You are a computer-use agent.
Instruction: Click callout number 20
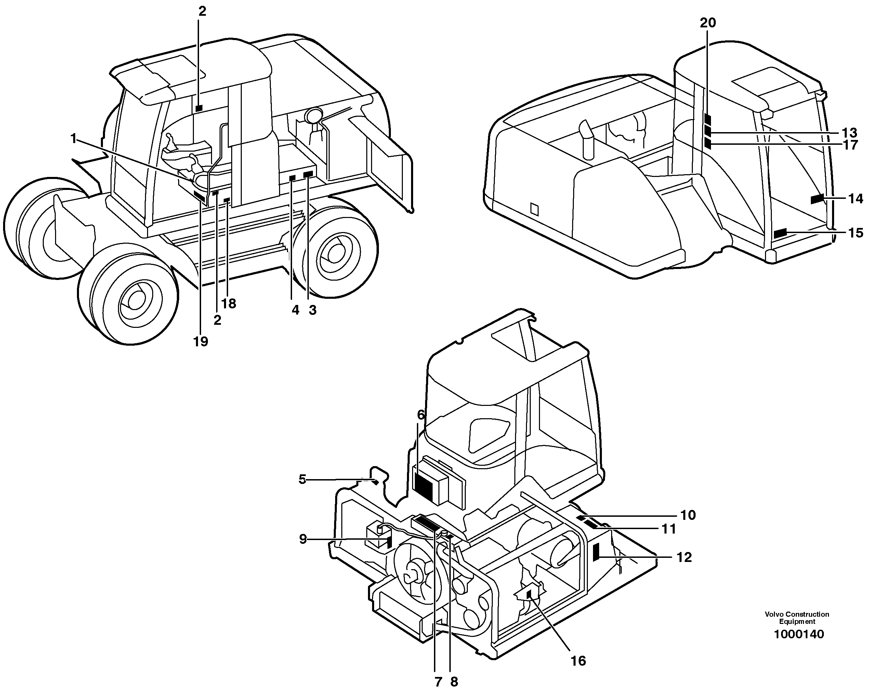pyautogui.click(x=708, y=23)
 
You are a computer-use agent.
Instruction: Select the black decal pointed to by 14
pyautogui.click(x=817, y=198)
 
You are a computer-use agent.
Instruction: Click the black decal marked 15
pyautogui.click(x=780, y=233)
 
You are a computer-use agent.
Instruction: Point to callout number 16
pyautogui.click(x=578, y=661)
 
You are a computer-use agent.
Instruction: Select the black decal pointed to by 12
pyautogui.click(x=596, y=552)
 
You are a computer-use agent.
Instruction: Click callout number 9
pyautogui.click(x=303, y=539)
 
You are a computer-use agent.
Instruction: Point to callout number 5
pyautogui.click(x=302, y=479)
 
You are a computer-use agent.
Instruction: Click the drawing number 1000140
pyautogui.click(x=799, y=634)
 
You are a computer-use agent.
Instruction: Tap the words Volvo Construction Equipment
pyautogui.click(x=796, y=618)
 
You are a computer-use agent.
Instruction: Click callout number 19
pyautogui.click(x=200, y=342)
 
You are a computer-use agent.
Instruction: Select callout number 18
pyautogui.click(x=229, y=304)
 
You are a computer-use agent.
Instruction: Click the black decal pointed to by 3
pyautogui.click(x=308, y=175)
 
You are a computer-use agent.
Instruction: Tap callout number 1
pyautogui.click(x=73, y=139)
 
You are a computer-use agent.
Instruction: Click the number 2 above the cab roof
pyautogui.click(x=202, y=11)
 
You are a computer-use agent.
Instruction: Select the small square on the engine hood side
pyautogui.click(x=534, y=209)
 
